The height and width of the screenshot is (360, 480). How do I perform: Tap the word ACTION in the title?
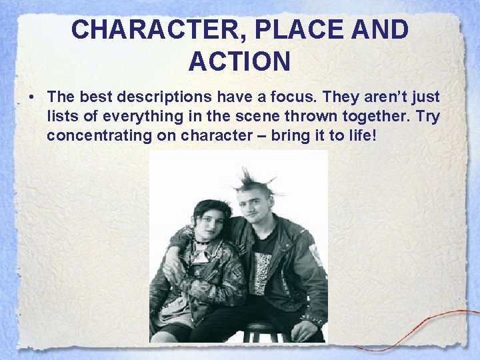point(239,61)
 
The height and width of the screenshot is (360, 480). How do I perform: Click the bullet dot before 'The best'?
point(31,97)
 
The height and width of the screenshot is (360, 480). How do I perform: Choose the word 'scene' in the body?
point(249,117)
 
